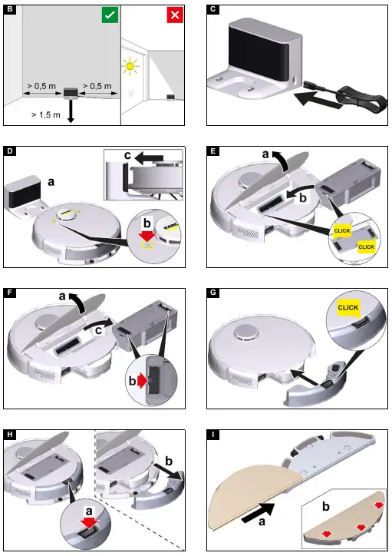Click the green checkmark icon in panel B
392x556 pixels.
[x=110, y=14]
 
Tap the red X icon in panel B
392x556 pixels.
[x=174, y=15]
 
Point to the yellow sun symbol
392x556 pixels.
[x=130, y=68]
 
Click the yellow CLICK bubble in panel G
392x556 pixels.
[x=348, y=307]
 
